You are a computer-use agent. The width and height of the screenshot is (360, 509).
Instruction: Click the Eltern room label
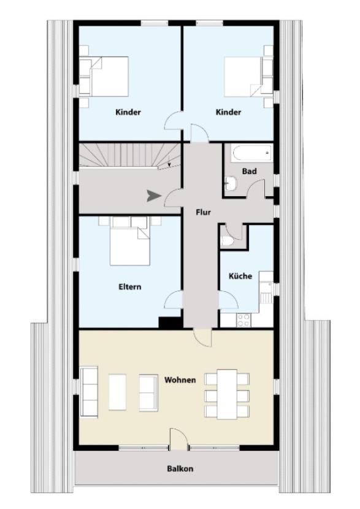[129, 286]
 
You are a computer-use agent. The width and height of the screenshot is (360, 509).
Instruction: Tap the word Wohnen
[180, 380]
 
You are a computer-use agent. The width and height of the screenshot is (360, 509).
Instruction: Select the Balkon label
[180, 469]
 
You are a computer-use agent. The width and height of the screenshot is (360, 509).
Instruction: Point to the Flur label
[203, 212]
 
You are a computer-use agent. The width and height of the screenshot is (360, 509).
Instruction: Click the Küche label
[240, 276]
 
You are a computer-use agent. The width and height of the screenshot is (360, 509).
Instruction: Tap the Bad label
[250, 171]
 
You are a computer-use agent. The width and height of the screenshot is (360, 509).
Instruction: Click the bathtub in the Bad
[251, 153]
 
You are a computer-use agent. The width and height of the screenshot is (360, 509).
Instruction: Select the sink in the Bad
[231, 184]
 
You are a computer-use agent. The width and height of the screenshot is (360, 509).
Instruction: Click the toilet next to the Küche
[227, 240]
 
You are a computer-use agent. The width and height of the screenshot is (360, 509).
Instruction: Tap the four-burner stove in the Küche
[243, 320]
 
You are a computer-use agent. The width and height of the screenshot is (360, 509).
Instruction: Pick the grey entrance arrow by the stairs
[154, 196]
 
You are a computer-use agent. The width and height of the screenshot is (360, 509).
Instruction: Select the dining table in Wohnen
[228, 394]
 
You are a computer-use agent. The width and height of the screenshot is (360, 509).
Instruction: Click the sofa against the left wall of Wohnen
[89, 391]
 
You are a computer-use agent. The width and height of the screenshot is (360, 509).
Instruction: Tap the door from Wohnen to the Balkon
[178, 438]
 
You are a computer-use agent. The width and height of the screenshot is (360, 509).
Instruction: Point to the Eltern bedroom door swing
[174, 299]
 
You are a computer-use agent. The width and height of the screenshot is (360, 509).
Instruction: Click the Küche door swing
[229, 300]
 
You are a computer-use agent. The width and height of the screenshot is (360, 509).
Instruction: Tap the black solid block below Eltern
[170, 323]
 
